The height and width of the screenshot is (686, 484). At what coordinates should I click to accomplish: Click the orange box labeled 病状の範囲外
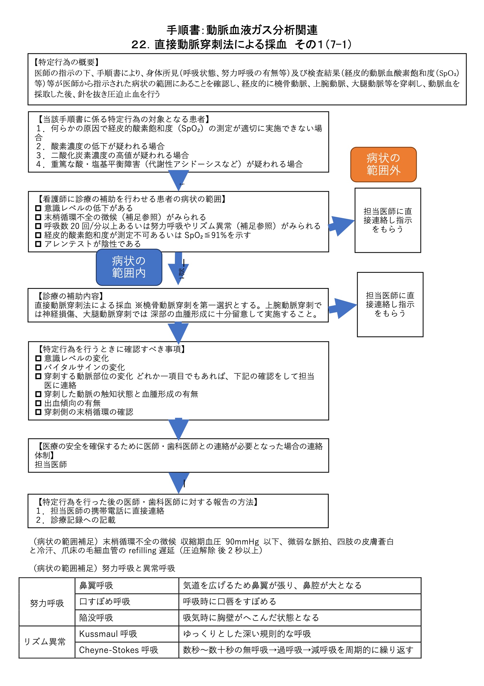(383, 164)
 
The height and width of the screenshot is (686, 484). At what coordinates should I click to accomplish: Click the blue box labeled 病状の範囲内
(129, 267)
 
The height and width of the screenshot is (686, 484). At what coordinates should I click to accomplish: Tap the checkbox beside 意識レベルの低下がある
(38, 208)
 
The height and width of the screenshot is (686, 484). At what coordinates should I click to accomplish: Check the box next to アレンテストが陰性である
(38, 244)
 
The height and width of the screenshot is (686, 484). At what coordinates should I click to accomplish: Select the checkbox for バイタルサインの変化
(38, 367)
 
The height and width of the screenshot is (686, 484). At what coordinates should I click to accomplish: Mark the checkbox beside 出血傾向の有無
(38, 403)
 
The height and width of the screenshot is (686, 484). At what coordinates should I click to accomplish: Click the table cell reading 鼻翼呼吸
(96, 585)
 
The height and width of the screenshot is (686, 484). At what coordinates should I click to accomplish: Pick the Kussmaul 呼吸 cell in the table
(108, 634)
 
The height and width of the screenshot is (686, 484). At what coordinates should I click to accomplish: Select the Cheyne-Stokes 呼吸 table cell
(118, 650)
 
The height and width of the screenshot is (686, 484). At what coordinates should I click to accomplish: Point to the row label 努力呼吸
(47, 603)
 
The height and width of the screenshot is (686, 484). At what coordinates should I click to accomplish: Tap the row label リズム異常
(45, 641)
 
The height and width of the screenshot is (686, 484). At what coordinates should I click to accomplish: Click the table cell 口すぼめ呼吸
(105, 602)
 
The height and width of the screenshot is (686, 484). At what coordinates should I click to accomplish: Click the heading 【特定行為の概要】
(66, 62)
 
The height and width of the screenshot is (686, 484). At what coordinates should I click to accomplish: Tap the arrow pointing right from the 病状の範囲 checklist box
(341, 226)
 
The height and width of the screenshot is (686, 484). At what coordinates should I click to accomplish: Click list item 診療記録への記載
(83, 520)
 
